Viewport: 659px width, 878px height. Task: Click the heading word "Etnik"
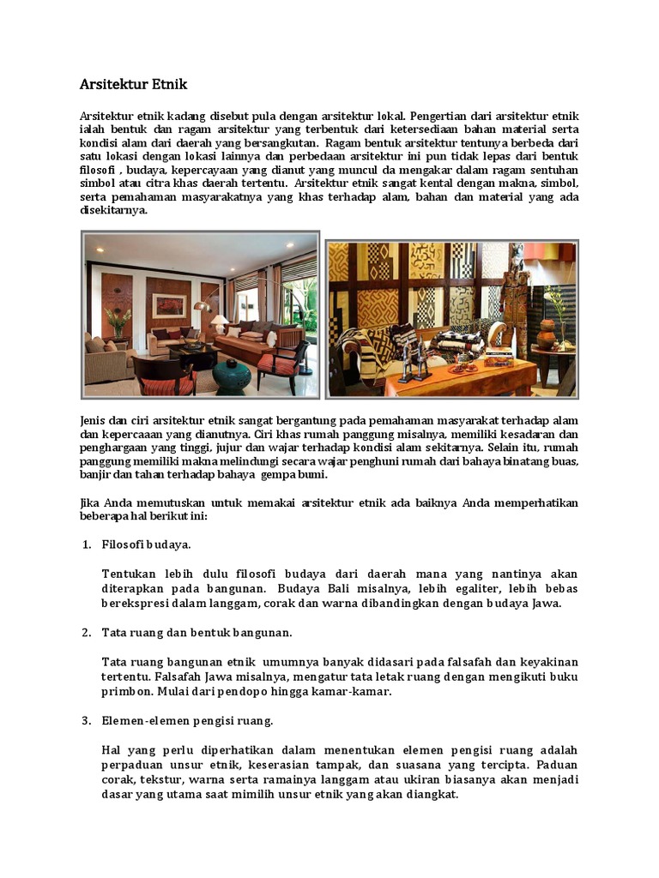click(x=166, y=85)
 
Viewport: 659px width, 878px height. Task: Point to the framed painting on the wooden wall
click(x=169, y=305)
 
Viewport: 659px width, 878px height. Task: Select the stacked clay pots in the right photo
click(x=547, y=331)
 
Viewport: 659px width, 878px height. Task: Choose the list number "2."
click(x=86, y=633)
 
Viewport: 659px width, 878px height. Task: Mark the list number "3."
click(x=86, y=720)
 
